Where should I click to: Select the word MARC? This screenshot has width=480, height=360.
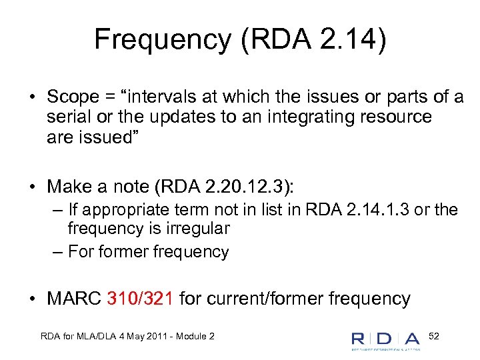[x=75, y=298]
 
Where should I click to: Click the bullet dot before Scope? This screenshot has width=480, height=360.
[x=31, y=97]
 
